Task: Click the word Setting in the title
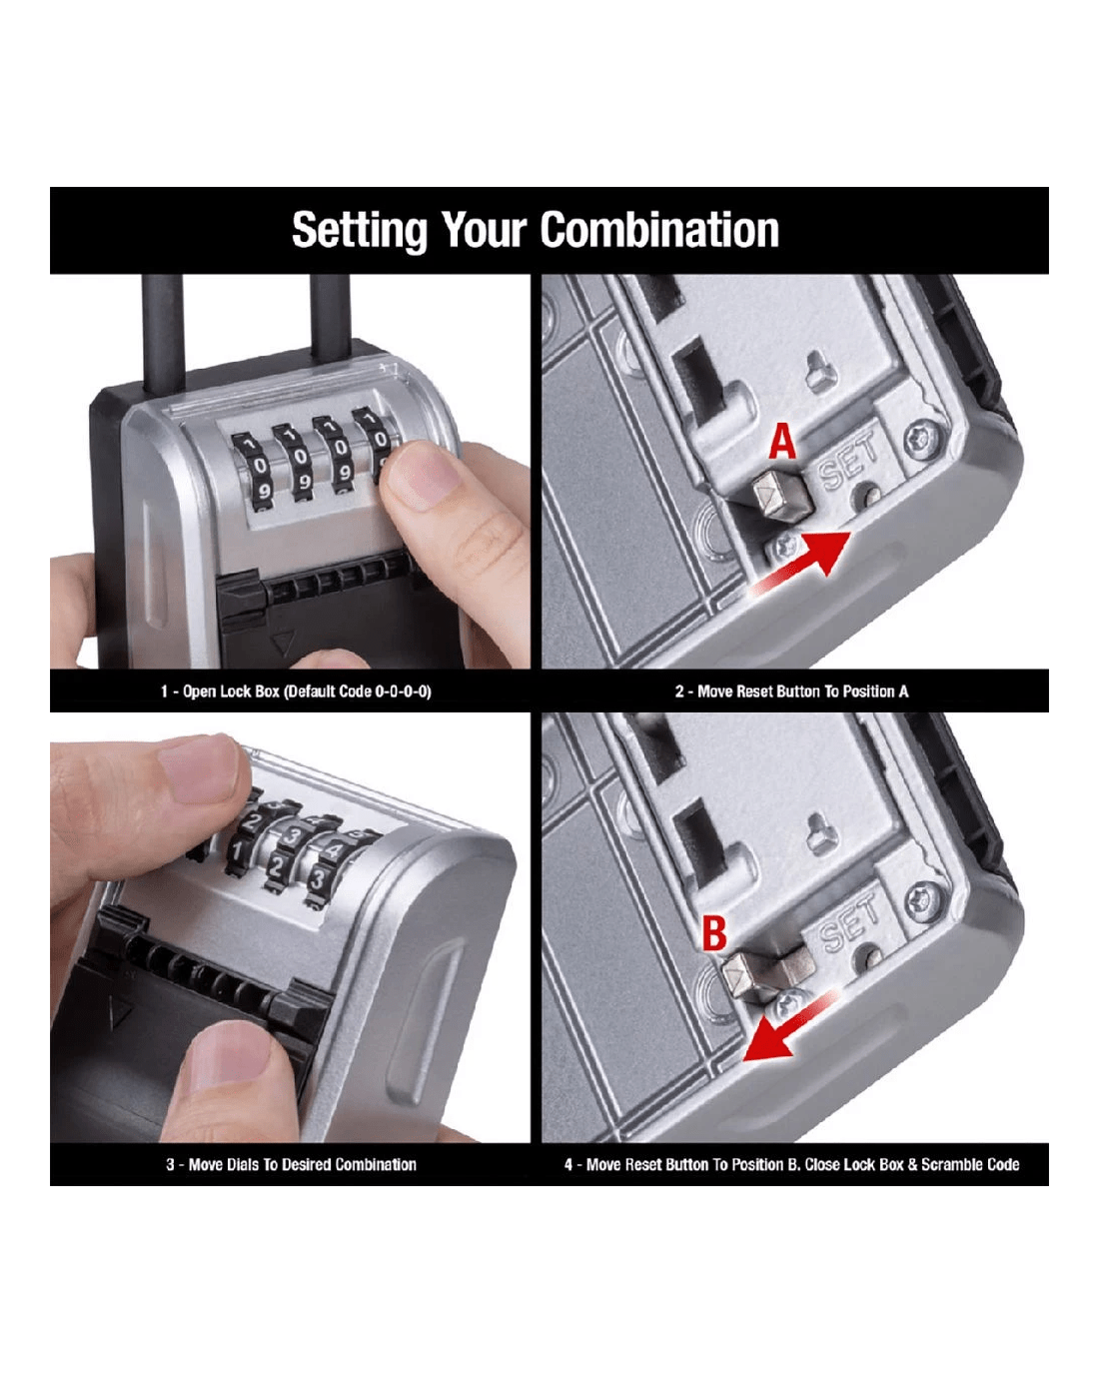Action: (x=360, y=231)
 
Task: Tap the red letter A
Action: (x=782, y=443)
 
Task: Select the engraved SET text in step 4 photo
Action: (x=848, y=920)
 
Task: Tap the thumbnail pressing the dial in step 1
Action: (x=424, y=475)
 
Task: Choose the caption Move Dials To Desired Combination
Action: (x=291, y=1164)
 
